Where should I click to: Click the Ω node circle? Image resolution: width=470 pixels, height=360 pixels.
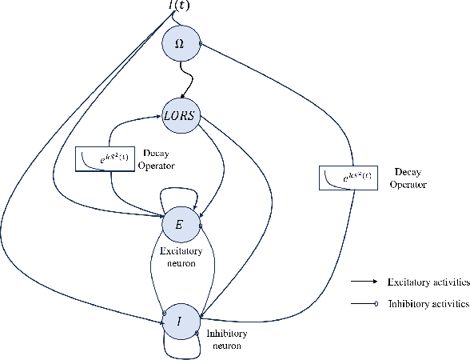click(179, 43)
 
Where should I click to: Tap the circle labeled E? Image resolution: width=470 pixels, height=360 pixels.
click(179, 225)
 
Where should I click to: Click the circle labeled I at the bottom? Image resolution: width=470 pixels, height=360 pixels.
click(179, 319)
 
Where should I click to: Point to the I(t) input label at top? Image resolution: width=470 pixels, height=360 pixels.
click(179, 7)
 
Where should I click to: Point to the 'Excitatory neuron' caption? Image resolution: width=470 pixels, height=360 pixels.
click(179, 257)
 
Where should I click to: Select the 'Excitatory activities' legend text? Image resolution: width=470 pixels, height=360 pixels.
click(427, 282)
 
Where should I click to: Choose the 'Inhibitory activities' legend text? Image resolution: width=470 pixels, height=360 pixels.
click(427, 303)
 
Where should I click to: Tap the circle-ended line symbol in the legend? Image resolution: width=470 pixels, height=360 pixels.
click(364, 304)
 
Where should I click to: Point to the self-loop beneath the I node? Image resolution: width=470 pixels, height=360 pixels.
click(180, 350)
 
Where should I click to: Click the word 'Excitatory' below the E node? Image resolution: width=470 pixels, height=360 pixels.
click(179, 251)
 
